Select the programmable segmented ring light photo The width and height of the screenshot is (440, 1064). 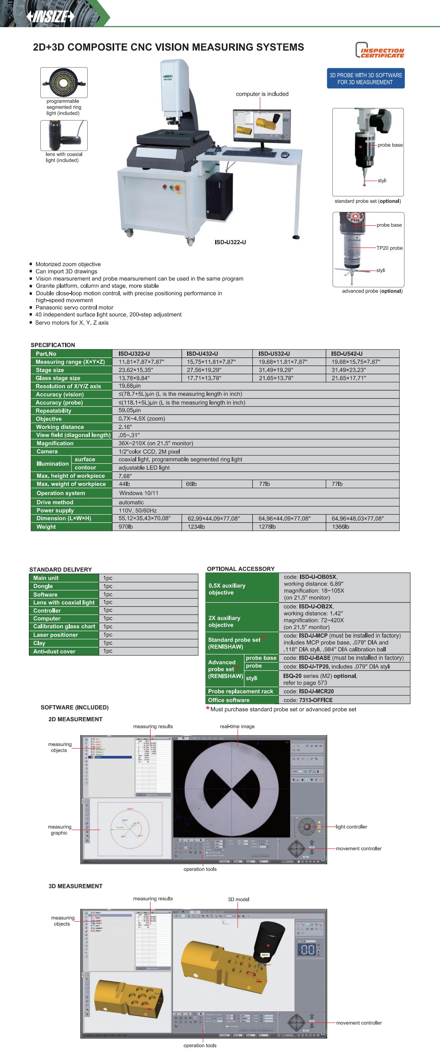pos(64,82)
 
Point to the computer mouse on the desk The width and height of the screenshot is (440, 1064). pos(285,155)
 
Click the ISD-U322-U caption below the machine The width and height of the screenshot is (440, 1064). pos(230,242)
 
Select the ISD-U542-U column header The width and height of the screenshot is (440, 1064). pos(347,354)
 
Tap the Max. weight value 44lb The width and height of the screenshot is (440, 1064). pos(124,484)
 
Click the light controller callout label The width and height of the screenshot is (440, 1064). pos(351,827)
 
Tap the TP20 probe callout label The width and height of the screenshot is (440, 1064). pos(389,248)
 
